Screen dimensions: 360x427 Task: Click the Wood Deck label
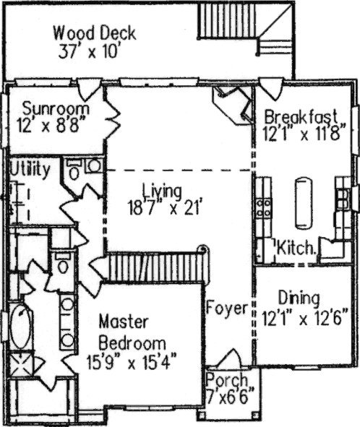[94, 33]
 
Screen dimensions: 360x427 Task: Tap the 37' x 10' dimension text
[89, 51]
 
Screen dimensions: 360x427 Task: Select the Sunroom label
[56, 108]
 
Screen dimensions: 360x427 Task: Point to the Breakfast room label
[301, 116]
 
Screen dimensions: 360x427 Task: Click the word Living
[162, 191]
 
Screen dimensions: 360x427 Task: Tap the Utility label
[30, 169]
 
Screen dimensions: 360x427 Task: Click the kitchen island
[304, 203]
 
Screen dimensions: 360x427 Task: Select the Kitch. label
[296, 248]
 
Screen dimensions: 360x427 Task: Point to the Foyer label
[227, 309]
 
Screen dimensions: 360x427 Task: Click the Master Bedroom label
[132, 332]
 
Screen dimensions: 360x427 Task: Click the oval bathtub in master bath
[21, 327]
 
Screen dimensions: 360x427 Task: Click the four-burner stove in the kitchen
[264, 207]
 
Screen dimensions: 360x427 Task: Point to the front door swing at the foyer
[231, 358]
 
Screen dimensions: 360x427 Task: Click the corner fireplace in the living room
[232, 105]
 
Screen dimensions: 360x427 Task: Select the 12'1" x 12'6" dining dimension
[305, 318]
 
